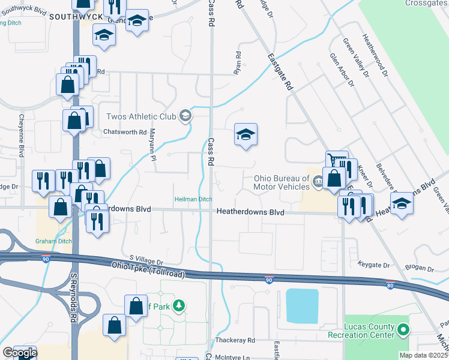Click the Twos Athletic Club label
pos(141,116)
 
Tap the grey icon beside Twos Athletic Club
pos(185,116)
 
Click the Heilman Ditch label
pos(193,199)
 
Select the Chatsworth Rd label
pos(125,132)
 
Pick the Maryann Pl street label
pos(152,146)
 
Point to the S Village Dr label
pos(142,259)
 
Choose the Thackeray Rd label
pos(235,340)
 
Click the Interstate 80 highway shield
pos(390,284)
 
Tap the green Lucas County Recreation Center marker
pos(403,329)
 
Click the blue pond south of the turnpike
pos(303,305)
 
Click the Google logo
pos(19,353)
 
